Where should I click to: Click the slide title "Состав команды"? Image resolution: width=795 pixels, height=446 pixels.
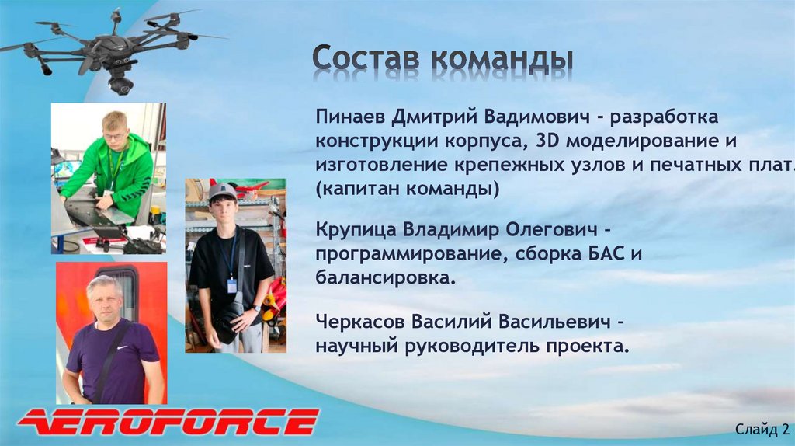443,59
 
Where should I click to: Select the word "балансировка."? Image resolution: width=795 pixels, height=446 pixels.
385,277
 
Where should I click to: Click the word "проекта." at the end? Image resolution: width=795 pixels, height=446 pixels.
592,345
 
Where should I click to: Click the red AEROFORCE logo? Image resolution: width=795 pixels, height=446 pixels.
168,422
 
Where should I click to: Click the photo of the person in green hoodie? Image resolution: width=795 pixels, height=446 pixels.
109,178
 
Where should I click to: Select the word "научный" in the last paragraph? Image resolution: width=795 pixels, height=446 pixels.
356,345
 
